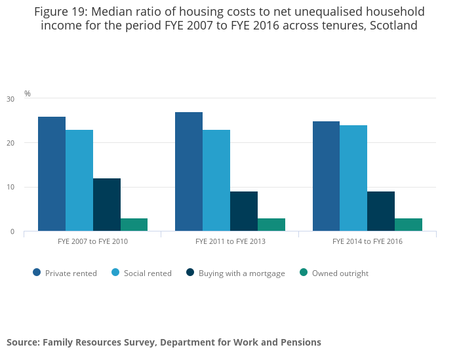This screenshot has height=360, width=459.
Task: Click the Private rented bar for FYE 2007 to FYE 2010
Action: pyautogui.click(x=52, y=174)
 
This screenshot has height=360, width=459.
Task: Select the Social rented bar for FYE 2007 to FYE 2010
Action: pyautogui.click(x=79, y=180)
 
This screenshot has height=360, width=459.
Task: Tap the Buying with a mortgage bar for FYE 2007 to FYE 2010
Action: pyautogui.click(x=107, y=205)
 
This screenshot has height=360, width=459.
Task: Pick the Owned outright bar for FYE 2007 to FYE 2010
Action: pyautogui.click(x=134, y=225)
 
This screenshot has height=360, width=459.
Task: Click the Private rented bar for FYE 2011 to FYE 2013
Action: pyautogui.click(x=189, y=172)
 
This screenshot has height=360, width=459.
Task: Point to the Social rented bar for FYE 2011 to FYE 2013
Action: pyautogui.click(x=216, y=180)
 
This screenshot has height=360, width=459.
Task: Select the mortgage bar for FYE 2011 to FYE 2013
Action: pyautogui.click(x=244, y=211)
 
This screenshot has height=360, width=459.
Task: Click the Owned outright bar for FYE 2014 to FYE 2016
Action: pyautogui.click(x=409, y=225)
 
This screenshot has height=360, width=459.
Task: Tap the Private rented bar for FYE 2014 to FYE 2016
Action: pyautogui.click(x=326, y=176)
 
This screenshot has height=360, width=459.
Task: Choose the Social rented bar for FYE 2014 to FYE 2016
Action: pyautogui.click(x=353, y=178)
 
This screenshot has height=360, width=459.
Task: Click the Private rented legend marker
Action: pyautogui.click(x=37, y=273)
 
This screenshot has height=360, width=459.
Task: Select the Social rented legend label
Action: pyautogui.click(x=148, y=273)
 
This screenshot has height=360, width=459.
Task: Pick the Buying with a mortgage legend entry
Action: pyautogui.click(x=241, y=273)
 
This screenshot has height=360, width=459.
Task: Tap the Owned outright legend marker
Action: pyautogui.click(x=304, y=273)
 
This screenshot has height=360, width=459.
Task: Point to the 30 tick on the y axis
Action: pyautogui.click(x=10, y=99)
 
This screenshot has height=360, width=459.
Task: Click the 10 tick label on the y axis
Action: pyautogui.click(x=10, y=188)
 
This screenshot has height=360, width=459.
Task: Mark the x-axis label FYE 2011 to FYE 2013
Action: pyautogui.click(x=230, y=241)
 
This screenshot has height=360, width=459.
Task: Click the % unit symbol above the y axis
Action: pyautogui.click(x=28, y=94)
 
